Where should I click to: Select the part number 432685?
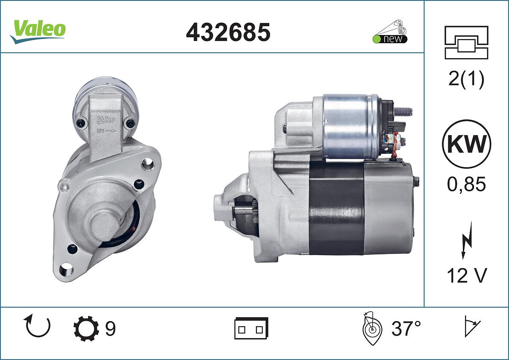click(x=228, y=32)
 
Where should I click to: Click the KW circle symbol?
click(x=466, y=144)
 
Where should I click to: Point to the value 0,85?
click(x=466, y=184)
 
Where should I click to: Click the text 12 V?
click(x=467, y=276)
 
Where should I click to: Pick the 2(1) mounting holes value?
click(x=466, y=79)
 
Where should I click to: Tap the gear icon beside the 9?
click(x=86, y=328)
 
